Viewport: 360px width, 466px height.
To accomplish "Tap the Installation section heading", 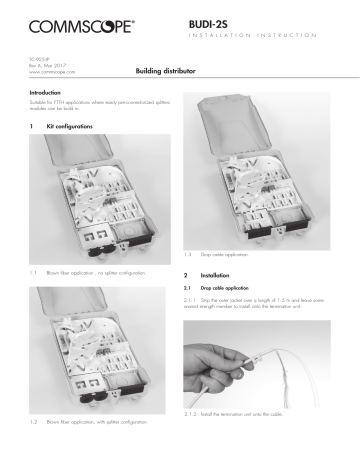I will (213, 274).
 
